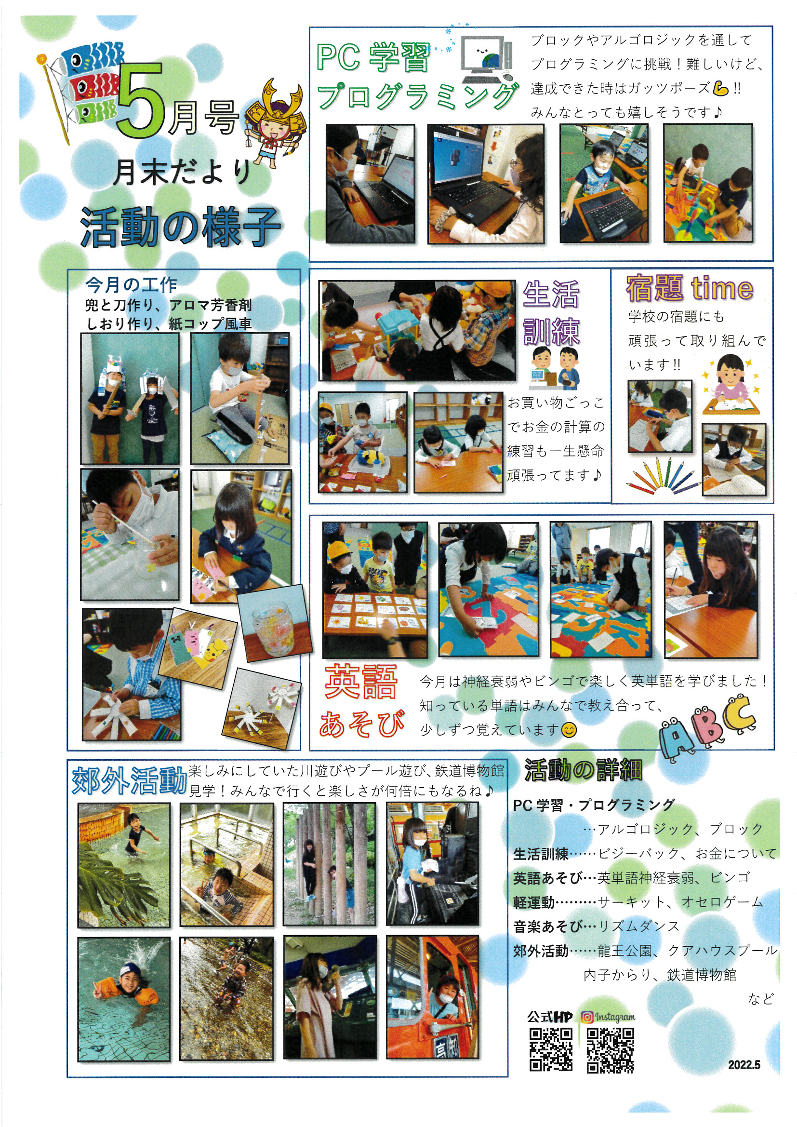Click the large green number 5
click(140, 101)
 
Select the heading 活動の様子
click(180, 226)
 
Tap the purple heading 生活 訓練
click(551, 313)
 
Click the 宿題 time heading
click(690, 288)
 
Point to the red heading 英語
click(361, 681)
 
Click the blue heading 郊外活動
click(129, 780)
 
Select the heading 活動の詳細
click(583, 770)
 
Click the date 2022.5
click(744, 1065)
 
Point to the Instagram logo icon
click(587, 1017)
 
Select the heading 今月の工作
click(131, 284)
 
